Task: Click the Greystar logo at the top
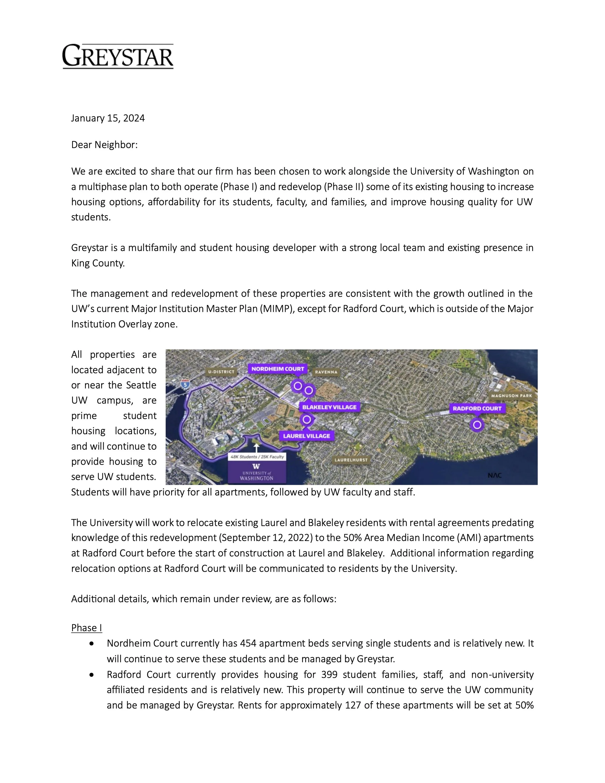[x=118, y=56]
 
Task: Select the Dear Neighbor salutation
[x=104, y=145]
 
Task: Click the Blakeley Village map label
[x=329, y=407]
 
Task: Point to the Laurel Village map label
[x=306, y=436]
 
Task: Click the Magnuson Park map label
[x=511, y=396]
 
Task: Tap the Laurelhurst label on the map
[x=351, y=460]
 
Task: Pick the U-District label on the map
[x=221, y=372]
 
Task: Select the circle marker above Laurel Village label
[x=306, y=419]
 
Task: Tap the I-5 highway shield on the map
[x=185, y=385]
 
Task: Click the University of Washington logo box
[x=257, y=472]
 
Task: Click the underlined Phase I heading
[x=86, y=628]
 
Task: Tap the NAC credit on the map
[x=495, y=475]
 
